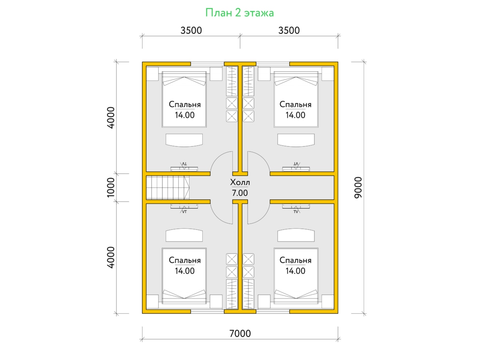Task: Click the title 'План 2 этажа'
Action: pyautogui.click(x=240, y=13)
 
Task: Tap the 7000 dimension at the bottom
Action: pyautogui.click(x=240, y=334)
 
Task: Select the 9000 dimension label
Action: pyautogui.click(x=358, y=188)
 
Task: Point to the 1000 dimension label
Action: pyautogui.click(x=111, y=187)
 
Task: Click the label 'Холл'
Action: pyautogui.click(x=240, y=182)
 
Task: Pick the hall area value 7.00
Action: pyautogui.click(x=240, y=193)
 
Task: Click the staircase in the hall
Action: pyautogui.click(x=168, y=188)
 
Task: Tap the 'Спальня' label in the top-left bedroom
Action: pyautogui.click(x=184, y=104)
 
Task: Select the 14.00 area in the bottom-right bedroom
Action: pyautogui.click(x=295, y=271)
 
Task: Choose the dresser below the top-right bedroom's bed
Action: pyautogui.click(x=296, y=140)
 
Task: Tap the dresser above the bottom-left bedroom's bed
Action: pyautogui.click(x=184, y=235)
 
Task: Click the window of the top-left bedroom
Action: pyautogui.click(x=207, y=64)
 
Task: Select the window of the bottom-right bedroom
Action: pyautogui.click(x=273, y=311)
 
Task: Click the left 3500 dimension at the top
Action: pyautogui.click(x=191, y=31)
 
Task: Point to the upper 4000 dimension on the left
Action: pyautogui.click(x=111, y=118)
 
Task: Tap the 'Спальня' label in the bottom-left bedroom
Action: pyautogui.click(x=184, y=260)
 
